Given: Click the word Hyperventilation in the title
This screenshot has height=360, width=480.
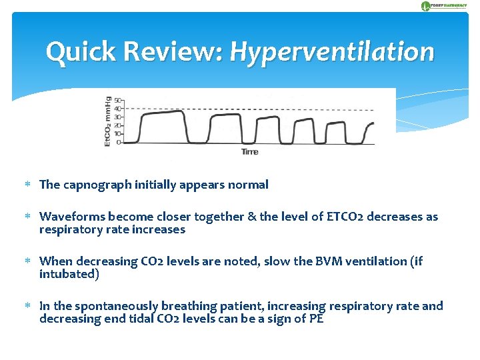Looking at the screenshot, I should pyautogui.click(x=331, y=52).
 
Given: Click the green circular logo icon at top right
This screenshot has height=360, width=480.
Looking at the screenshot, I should pyautogui.click(x=425, y=6).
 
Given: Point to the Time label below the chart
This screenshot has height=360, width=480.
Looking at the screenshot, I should pyautogui.click(x=249, y=152).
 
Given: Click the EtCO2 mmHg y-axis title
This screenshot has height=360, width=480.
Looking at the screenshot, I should pyautogui.click(x=108, y=121).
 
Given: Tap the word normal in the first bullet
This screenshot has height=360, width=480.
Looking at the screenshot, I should pyautogui.click(x=248, y=185).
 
